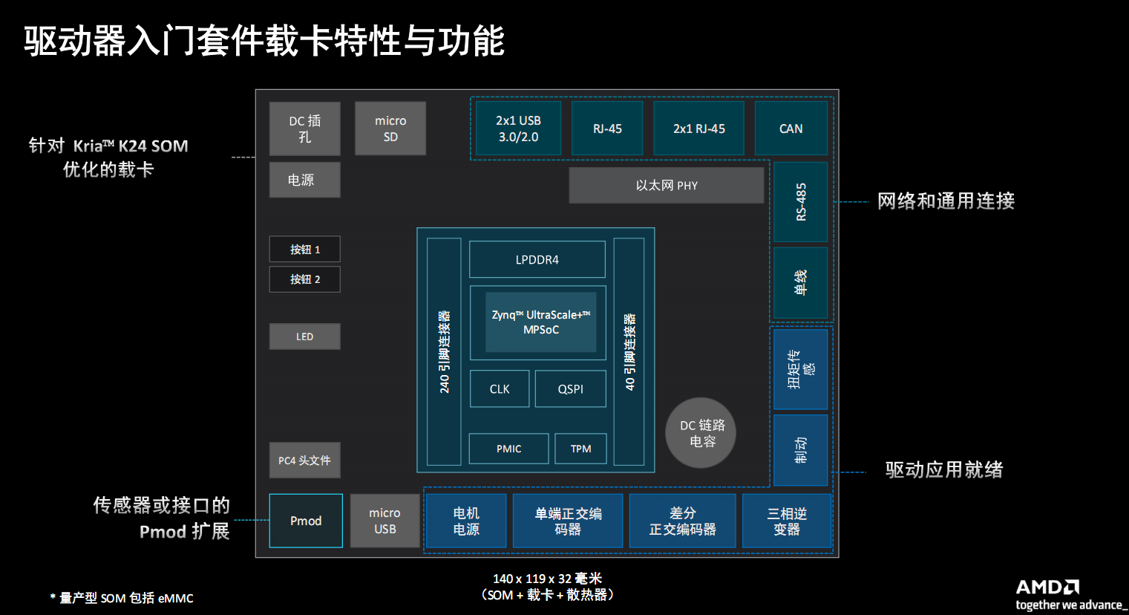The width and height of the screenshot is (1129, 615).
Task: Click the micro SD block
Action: pos(390,128)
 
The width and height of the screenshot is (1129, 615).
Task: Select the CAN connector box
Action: pos(791,128)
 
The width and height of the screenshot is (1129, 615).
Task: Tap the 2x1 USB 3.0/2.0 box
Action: pos(518,128)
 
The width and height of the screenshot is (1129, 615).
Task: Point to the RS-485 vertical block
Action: pos(800,202)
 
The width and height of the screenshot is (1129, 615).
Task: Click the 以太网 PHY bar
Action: pos(666,185)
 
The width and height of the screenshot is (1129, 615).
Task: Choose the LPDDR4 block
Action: pos(537,259)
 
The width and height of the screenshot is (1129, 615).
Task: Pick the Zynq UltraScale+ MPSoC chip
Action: pos(540,322)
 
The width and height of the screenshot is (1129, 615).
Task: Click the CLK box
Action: pos(500,388)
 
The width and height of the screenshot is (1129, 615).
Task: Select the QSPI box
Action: pos(570,388)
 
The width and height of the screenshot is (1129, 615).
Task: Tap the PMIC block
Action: pos(508,449)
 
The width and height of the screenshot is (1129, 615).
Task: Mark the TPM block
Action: pos(580,449)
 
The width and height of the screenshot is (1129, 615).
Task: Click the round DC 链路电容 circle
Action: pos(701,433)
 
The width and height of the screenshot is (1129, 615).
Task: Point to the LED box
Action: pos(304,336)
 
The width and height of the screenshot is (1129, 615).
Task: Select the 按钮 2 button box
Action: pos(304,279)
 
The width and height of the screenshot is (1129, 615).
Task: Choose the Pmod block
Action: pos(306,521)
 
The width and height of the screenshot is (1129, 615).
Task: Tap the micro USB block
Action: pos(384,521)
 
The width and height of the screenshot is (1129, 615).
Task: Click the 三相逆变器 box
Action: pos(786,521)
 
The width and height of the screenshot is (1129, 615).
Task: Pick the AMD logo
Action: pos(1047,588)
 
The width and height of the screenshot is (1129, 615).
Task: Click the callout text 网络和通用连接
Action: pos(946,201)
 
